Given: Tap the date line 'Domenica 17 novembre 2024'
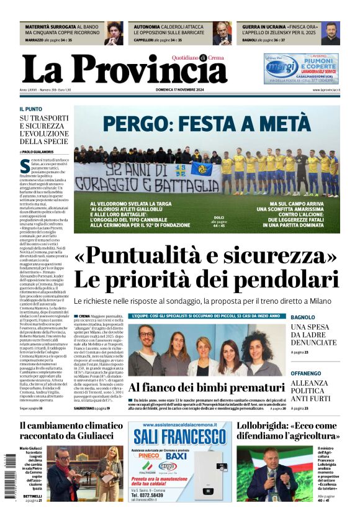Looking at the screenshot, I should coord(179,90).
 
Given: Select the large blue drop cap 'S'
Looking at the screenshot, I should coord(25,165).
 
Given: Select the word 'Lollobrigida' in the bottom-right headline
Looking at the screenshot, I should coord(268,426).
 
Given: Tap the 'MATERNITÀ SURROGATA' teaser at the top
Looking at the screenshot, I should coord(50,27).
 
